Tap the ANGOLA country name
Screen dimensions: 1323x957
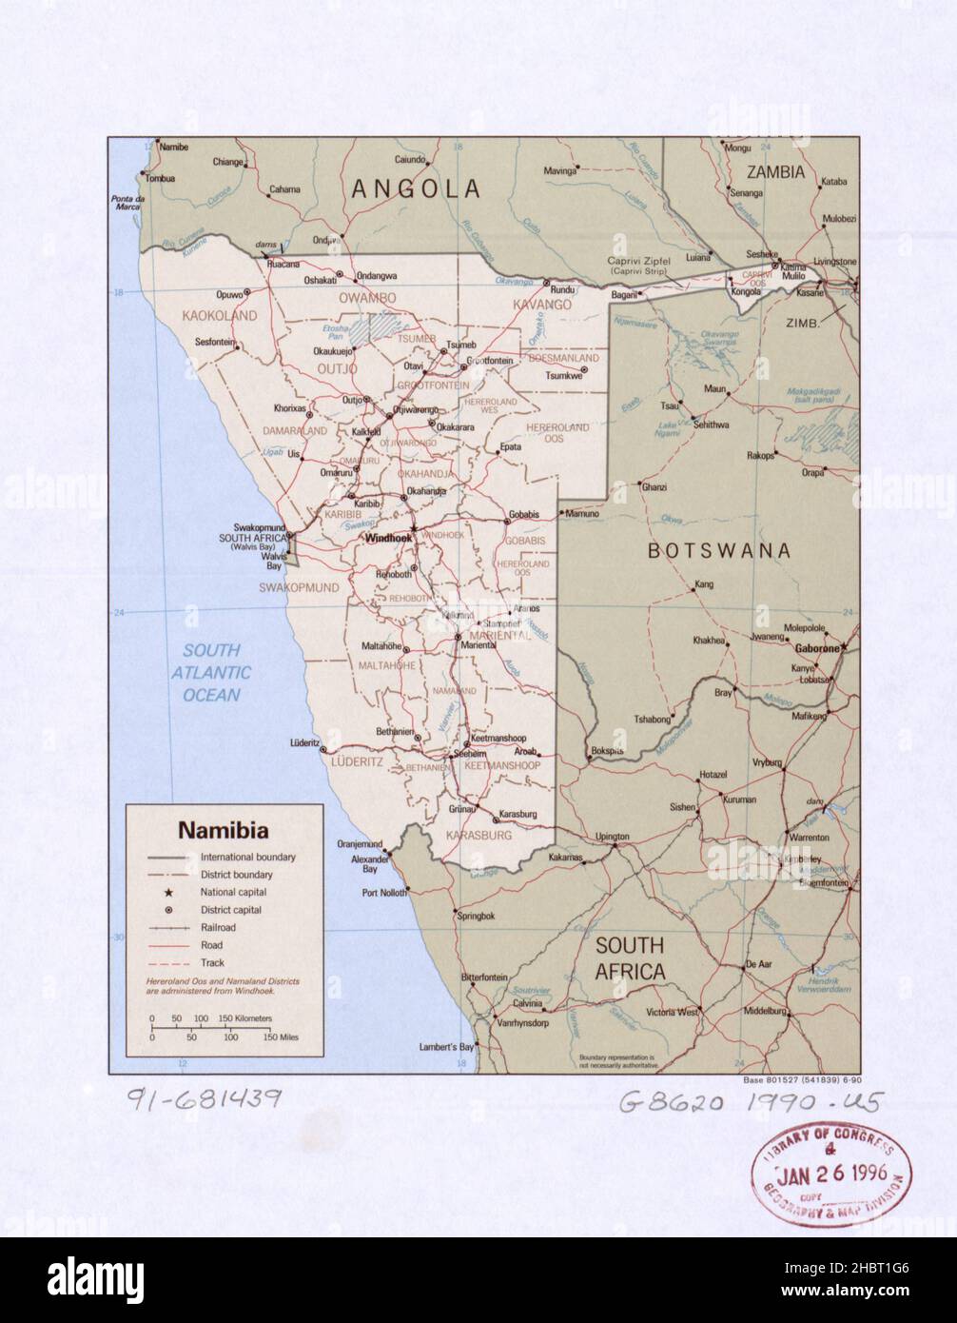pos(416,188)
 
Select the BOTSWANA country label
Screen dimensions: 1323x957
pos(718,550)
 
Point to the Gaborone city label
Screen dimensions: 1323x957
pos(816,648)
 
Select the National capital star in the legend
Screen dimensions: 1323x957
pos(167,893)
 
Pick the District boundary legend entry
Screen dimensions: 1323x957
pos(235,875)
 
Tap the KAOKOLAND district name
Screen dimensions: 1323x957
pos(220,315)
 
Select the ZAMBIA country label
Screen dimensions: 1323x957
pos(775,172)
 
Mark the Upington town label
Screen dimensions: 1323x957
pos(612,838)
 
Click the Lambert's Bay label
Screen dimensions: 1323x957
pos(446,1048)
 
